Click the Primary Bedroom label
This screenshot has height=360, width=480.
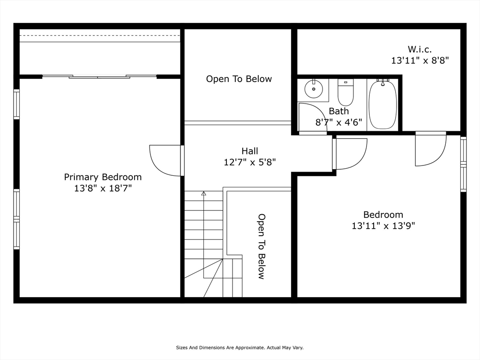(103, 177)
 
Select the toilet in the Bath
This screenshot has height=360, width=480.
(345, 93)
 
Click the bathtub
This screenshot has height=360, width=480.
(382, 104)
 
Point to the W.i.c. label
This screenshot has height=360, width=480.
(420, 49)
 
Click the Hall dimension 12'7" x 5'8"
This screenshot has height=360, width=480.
(249, 162)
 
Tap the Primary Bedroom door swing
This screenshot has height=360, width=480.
(165, 160)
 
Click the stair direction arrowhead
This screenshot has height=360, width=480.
(203, 193)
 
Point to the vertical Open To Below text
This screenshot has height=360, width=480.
(262, 246)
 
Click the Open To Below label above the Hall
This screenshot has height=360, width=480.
(239, 79)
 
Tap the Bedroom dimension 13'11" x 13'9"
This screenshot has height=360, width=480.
(383, 226)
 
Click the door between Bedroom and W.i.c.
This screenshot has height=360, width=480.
(430, 149)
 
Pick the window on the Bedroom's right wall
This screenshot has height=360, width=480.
(463, 164)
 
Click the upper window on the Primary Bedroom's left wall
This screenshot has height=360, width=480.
(16, 104)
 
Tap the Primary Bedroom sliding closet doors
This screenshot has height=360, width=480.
(99, 76)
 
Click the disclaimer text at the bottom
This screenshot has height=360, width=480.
(240, 348)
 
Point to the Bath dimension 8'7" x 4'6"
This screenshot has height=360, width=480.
(338, 122)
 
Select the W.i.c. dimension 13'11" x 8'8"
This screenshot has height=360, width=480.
(420, 60)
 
